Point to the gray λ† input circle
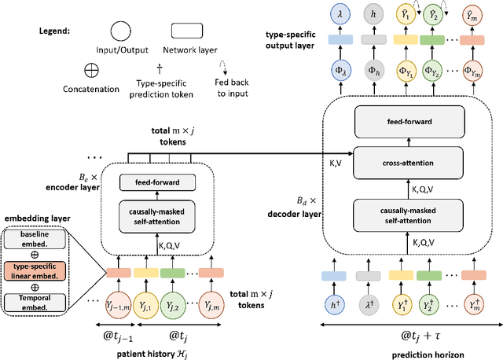[x=368, y=306]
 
